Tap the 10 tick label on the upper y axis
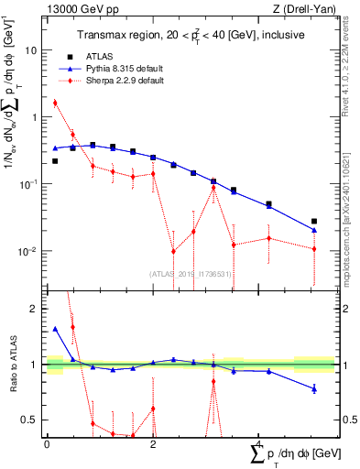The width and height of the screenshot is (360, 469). pyautogui.click(x=30, y=50)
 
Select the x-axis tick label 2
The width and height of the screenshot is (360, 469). pyautogui.click(x=153, y=444)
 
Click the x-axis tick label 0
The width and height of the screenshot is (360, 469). pyautogui.click(x=47, y=444)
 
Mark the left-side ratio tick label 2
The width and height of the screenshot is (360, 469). pyautogui.click(x=32, y=309)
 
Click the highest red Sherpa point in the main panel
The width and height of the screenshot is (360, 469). pyautogui.click(x=55, y=103)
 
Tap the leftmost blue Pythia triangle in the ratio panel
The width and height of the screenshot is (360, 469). pyautogui.click(x=55, y=329)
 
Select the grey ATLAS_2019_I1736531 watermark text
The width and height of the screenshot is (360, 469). pyautogui.click(x=191, y=274)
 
